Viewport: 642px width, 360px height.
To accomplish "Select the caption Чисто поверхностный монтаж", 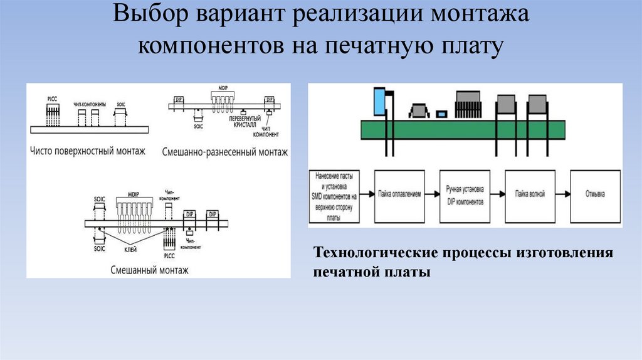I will tap(87, 151).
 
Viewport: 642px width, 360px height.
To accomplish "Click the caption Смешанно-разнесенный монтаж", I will tap(224, 152).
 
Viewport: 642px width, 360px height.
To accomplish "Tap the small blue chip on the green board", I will tap(442, 114).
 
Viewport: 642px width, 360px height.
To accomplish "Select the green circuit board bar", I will tap(464, 130).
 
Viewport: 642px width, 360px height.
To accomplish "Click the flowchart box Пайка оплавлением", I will tap(400, 195).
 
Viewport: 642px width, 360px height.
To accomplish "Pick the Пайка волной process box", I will tap(530, 195).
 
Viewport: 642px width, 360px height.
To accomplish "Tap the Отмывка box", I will tap(594, 195).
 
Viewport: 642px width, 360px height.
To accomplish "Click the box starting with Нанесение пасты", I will tap(334, 196).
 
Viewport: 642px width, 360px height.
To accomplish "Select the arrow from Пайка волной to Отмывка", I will tap(562, 194).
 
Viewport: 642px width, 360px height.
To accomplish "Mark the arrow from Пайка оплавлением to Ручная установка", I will tap(433, 194).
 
